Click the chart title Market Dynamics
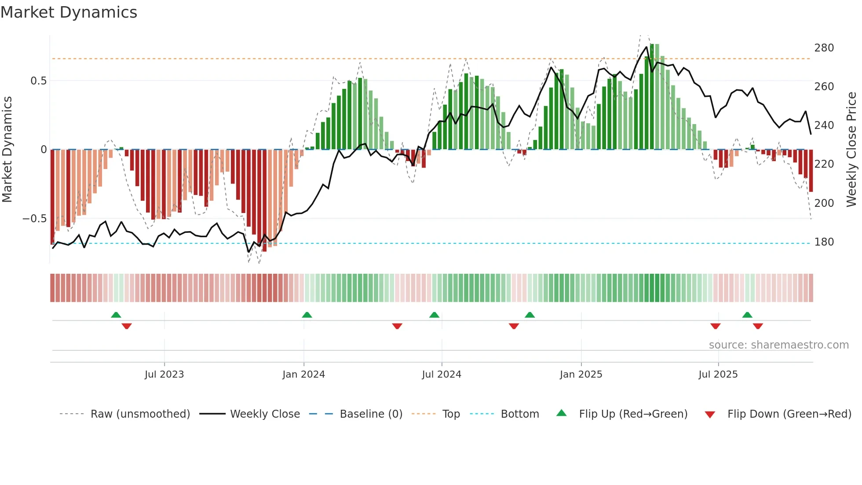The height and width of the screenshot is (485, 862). tap(69, 12)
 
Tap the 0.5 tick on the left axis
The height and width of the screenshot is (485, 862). tap(38, 81)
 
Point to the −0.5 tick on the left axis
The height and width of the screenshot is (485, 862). tap(35, 219)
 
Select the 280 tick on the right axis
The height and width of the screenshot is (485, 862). tap(824, 48)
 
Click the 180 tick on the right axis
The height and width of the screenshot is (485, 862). tap(824, 242)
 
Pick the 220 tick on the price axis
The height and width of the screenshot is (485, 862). tap(824, 164)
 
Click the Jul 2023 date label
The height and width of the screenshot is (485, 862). tap(164, 375)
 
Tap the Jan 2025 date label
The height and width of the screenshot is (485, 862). tap(581, 375)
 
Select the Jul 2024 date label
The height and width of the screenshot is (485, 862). tap(441, 375)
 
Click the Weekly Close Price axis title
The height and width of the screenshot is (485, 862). tap(851, 150)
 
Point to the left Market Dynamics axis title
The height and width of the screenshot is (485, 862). tap(7, 150)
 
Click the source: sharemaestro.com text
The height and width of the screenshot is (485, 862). tap(778, 345)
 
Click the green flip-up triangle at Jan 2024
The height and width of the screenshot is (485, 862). tap(307, 315)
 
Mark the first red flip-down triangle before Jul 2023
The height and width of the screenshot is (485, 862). tap(127, 326)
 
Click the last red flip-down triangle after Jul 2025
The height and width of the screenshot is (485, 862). tap(757, 326)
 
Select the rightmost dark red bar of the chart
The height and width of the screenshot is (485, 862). tap(811, 171)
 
